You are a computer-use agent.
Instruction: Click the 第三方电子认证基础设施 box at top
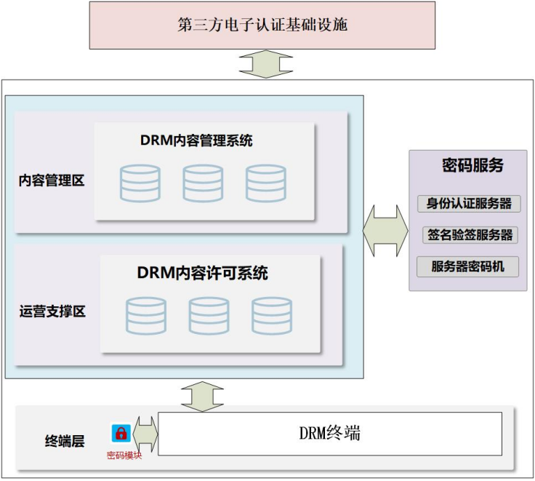(x=262, y=25)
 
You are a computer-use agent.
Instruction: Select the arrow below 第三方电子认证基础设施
(x=265, y=64)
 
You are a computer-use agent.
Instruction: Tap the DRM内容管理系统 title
(x=196, y=141)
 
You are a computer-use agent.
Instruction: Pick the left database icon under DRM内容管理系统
(x=140, y=183)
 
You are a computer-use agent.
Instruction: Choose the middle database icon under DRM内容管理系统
(x=203, y=183)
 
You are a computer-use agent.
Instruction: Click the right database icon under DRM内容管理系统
(x=265, y=183)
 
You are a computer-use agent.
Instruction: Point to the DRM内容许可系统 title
(x=202, y=274)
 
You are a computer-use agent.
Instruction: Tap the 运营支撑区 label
(x=52, y=311)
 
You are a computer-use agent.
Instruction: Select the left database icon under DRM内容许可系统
(x=146, y=316)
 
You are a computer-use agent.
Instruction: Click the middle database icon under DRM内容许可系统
(x=209, y=316)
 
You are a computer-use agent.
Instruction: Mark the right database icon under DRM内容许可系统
(x=272, y=316)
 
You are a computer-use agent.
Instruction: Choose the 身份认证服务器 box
(x=469, y=203)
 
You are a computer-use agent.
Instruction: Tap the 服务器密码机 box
(x=469, y=266)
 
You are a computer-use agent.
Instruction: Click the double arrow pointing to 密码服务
(x=385, y=231)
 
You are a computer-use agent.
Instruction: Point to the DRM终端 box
(x=330, y=434)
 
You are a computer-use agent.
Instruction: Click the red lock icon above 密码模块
(x=121, y=434)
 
